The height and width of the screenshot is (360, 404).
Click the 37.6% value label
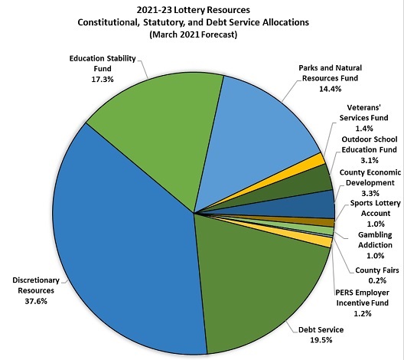[x=36, y=301]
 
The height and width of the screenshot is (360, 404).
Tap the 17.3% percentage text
[x=103, y=79]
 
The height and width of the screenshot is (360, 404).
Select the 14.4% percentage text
[x=331, y=89]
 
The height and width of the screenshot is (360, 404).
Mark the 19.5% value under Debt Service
[x=321, y=340]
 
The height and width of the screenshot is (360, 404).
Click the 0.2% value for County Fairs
[x=377, y=280]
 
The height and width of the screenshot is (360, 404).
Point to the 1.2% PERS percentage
[x=363, y=313]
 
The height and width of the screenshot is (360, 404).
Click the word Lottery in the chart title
[x=190, y=10]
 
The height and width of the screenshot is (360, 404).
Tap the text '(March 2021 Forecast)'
[x=194, y=34]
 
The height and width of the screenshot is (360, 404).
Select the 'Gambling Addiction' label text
[x=376, y=240]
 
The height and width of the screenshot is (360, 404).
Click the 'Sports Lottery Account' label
[x=376, y=208]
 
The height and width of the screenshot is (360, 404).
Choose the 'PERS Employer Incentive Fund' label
[x=363, y=298]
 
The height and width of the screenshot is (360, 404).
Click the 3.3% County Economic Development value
[x=370, y=193]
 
